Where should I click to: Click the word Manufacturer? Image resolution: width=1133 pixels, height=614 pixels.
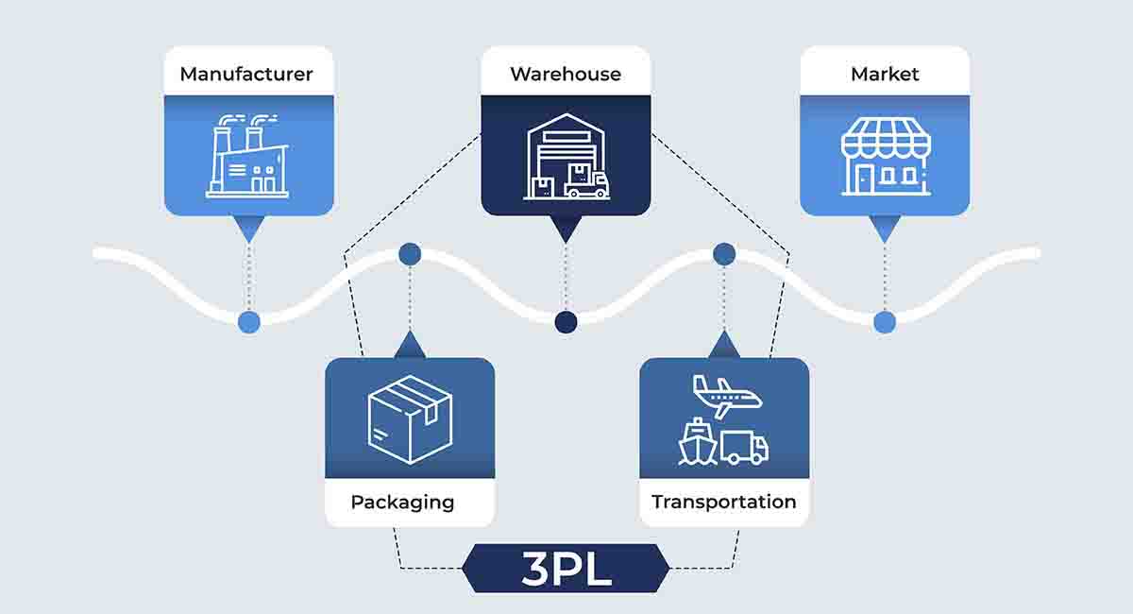click(246, 74)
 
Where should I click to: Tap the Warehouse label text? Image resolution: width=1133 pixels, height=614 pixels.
click(566, 74)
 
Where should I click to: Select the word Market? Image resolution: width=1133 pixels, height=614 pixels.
click(885, 74)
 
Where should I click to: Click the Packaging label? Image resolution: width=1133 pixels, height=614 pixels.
click(402, 502)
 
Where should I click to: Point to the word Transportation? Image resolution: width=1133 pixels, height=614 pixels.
click(724, 502)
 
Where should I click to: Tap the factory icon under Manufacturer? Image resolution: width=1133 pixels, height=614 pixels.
click(247, 161)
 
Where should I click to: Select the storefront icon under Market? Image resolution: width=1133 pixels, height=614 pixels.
click(886, 158)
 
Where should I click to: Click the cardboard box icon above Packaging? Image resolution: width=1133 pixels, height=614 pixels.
click(410, 418)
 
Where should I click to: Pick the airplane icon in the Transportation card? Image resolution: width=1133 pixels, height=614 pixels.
click(726, 396)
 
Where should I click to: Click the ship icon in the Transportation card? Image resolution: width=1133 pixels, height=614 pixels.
click(698, 442)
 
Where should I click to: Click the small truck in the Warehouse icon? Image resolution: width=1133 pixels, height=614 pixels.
click(586, 182)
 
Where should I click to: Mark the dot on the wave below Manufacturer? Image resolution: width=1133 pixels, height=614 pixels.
click(248, 322)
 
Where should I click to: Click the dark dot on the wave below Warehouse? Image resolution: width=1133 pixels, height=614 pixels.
click(566, 322)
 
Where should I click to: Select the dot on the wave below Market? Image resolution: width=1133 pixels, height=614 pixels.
click(885, 322)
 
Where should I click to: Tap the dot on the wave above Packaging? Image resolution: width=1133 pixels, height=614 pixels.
click(410, 253)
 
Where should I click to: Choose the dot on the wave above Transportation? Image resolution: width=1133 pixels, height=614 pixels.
click(724, 253)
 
